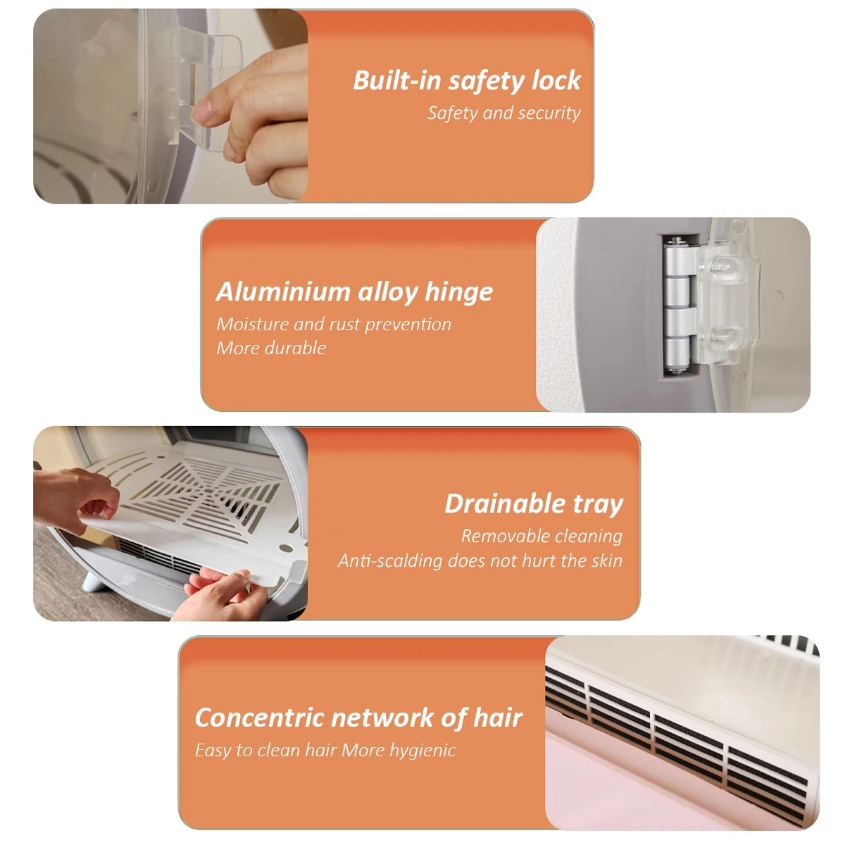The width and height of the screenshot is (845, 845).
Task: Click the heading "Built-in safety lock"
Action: [467, 81]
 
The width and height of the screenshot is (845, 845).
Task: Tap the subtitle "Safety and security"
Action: [504, 113]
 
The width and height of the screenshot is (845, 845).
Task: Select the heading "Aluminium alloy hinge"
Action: [354, 292]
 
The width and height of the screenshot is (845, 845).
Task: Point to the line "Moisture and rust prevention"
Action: [334, 325]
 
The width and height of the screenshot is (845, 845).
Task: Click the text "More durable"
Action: [271, 348]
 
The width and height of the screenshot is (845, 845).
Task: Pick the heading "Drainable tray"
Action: [534, 504]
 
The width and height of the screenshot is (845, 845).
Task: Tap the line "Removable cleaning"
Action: [542, 537]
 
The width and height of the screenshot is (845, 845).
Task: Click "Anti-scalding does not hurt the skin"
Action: [480, 561]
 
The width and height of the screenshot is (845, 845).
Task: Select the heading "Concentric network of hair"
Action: [358, 718]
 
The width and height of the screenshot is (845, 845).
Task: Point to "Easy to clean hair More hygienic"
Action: [325, 750]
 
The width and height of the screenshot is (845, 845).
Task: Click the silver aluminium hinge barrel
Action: [678, 306]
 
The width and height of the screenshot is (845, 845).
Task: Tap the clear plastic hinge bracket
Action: [727, 307]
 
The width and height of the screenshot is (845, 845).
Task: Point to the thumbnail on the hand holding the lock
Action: [202, 111]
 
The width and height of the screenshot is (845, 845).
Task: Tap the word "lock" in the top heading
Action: [556, 80]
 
